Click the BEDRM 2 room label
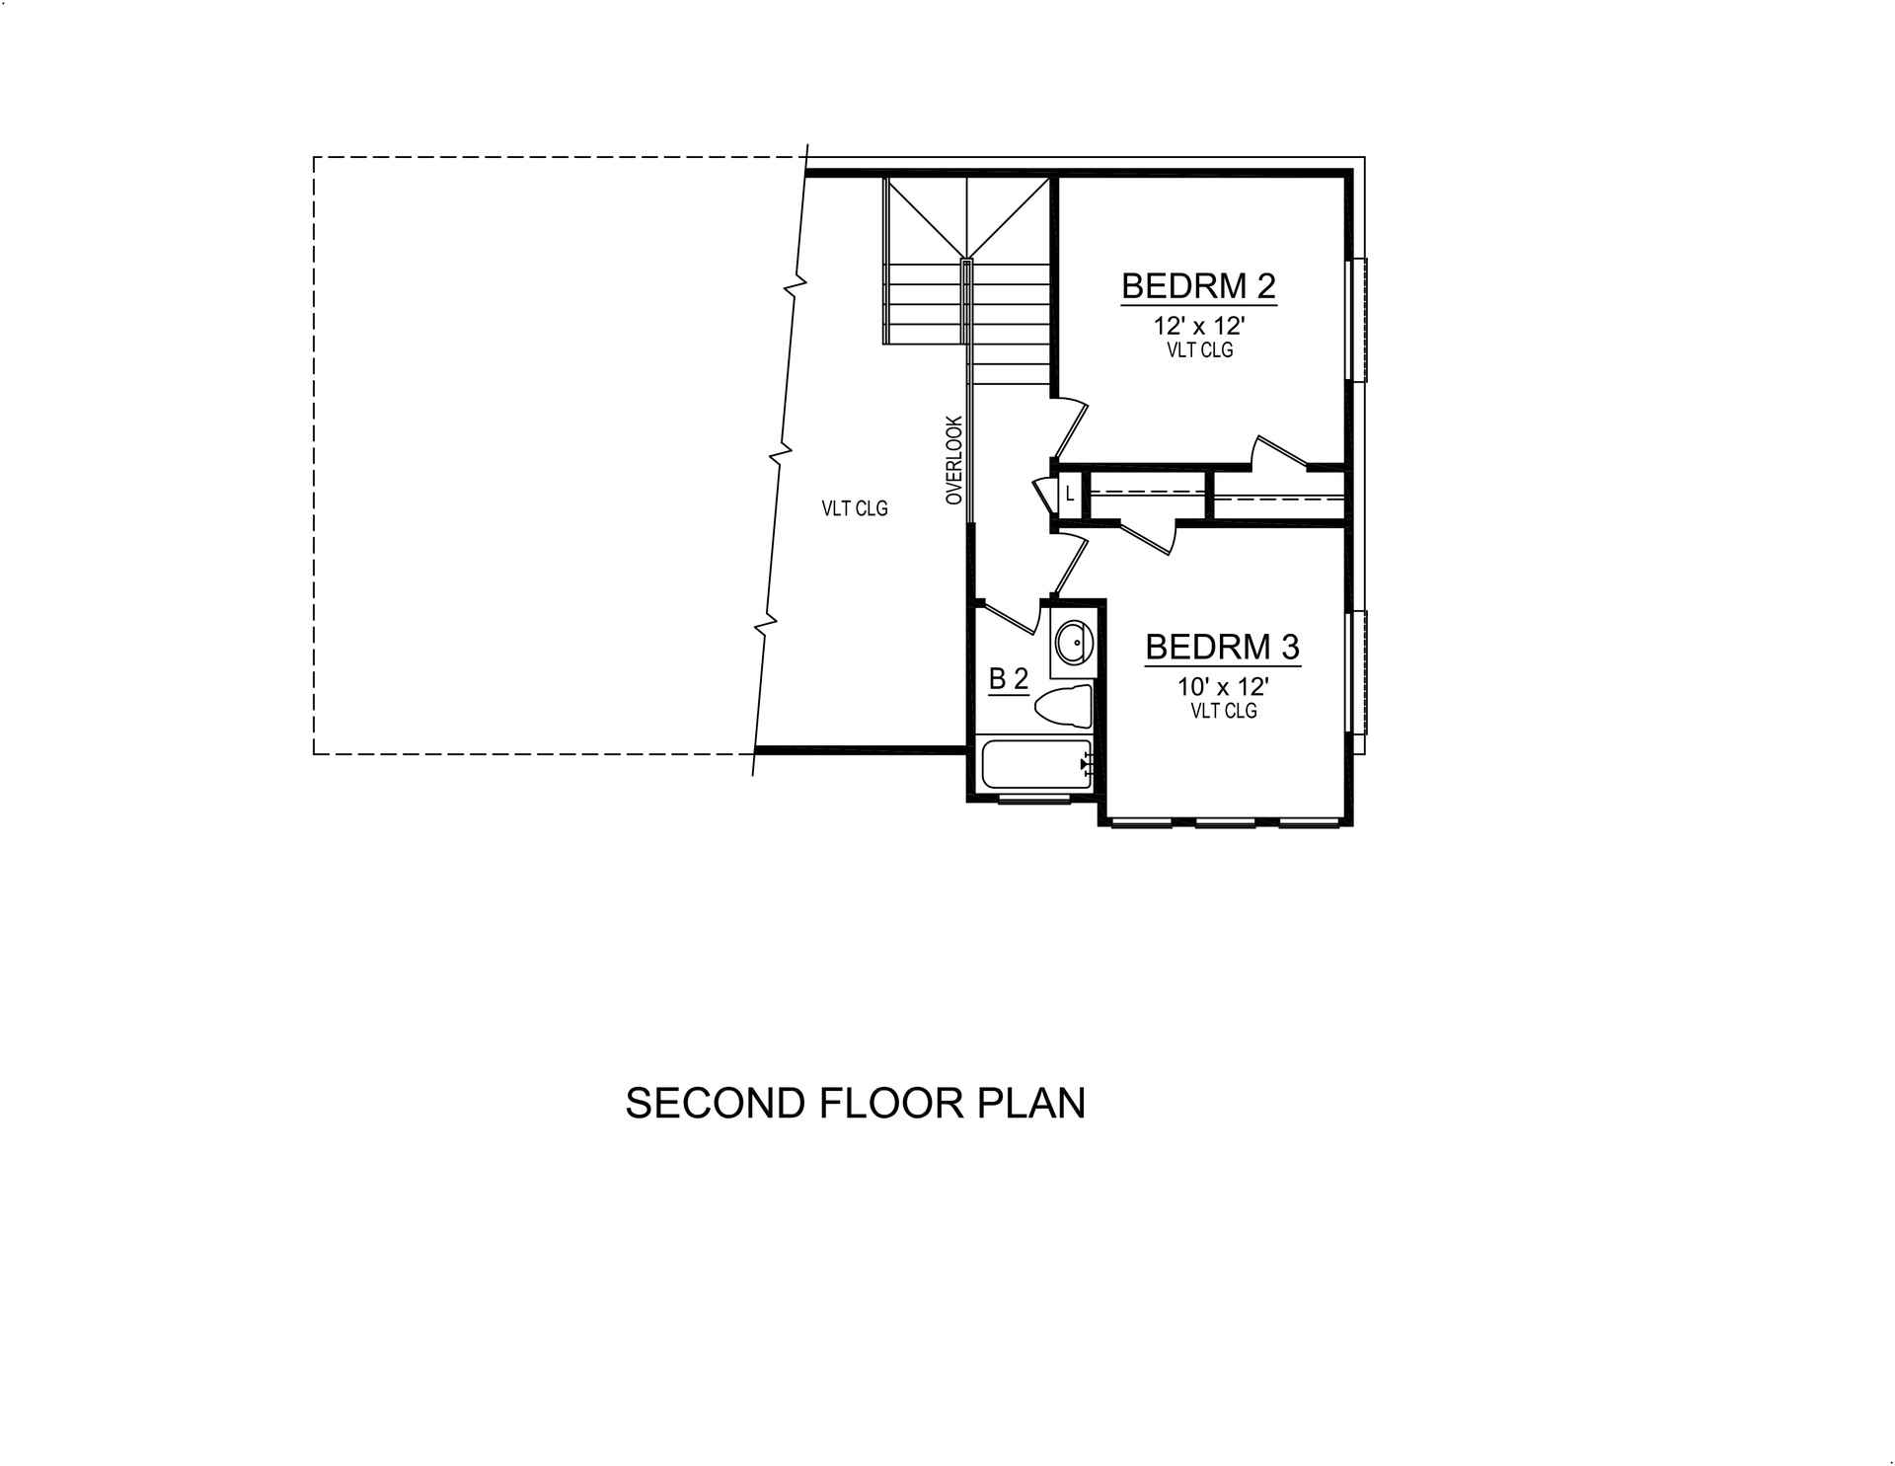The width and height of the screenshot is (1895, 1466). coord(1198,286)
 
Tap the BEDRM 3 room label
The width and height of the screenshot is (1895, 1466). coord(1222,648)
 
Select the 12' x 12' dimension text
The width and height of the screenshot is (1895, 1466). coord(1199,326)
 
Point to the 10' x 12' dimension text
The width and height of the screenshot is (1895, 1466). coord(1223,687)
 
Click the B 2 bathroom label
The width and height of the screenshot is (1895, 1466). coord(1008,679)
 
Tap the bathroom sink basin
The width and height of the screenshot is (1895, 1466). coord(1072,644)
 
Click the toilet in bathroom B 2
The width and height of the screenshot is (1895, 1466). coord(1064,706)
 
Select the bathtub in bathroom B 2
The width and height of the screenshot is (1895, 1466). coord(1036,764)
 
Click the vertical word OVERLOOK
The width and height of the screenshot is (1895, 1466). coord(953,460)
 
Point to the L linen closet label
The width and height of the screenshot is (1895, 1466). coord(1070,494)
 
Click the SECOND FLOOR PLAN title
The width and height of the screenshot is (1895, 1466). coord(855,1103)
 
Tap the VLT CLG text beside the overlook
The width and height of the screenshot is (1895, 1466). coord(855,508)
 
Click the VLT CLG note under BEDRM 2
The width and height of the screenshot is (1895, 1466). coord(1199,350)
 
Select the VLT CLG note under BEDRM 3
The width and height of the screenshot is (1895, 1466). coord(1223,711)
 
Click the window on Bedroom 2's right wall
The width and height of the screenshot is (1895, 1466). coord(1358,320)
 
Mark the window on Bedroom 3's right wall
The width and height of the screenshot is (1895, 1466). coord(1358,671)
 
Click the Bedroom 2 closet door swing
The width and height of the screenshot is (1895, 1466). coord(1279,452)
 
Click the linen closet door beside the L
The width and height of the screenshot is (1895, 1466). coord(1044,494)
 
